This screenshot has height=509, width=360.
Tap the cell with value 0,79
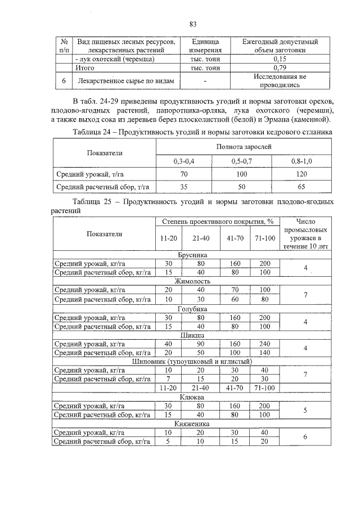coord(279,67)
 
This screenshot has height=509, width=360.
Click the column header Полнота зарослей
coord(244,146)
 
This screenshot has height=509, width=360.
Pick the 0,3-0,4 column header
coord(183,161)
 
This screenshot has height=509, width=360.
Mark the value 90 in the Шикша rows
coord(200,344)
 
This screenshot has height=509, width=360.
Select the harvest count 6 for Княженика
coord(304,437)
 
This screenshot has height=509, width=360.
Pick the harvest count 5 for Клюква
coord(304,410)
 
